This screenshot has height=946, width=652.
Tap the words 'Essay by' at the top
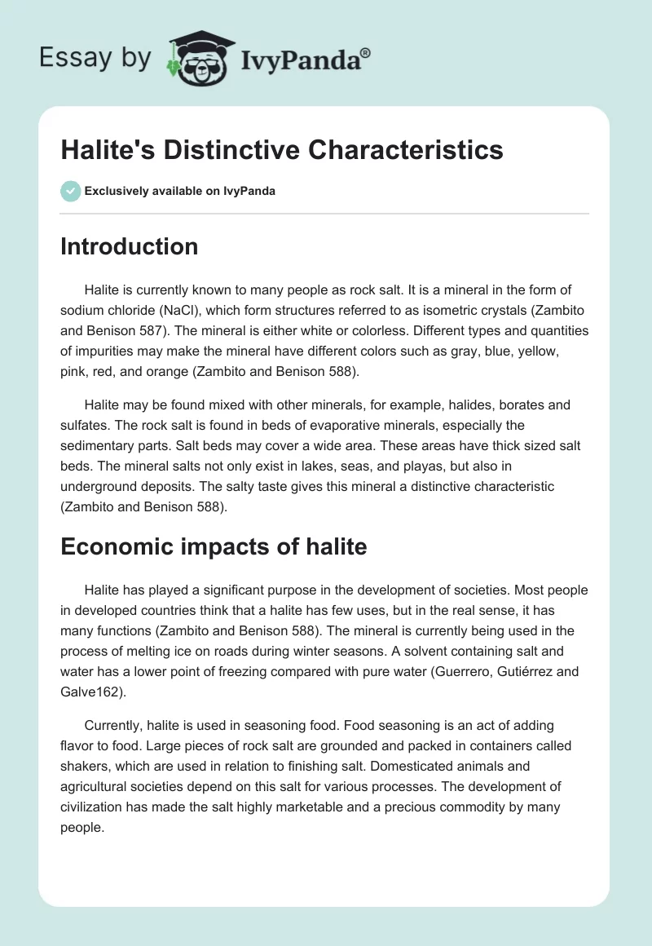pyautogui.click(x=95, y=58)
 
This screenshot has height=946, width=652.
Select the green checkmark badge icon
pyautogui.click(x=70, y=191)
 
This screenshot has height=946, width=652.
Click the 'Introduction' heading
pyautogui.click(x=129, y=246)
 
